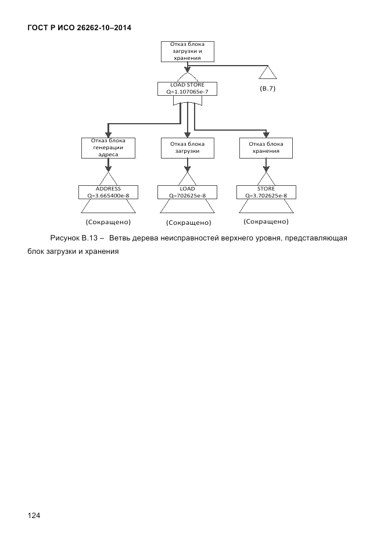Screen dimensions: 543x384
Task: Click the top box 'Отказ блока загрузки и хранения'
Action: tap(186, 51)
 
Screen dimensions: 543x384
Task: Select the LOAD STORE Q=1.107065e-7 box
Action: tap(187, 88)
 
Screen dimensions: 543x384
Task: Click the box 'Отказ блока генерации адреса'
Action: tap(108, 148)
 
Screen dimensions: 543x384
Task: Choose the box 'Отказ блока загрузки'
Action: tap(187, 148)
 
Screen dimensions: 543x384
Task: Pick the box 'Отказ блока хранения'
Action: tap(266, 148)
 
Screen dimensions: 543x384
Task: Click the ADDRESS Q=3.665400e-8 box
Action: tap(108, 192)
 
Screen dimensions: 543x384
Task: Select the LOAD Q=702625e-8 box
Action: tap(187, 192)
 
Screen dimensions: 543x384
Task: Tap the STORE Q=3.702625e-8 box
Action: tap(266, 192)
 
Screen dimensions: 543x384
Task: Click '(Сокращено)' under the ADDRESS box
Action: tap(108, 222)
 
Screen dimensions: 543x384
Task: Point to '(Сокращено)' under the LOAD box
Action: tap(188, 222)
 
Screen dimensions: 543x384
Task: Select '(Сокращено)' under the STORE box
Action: tap(266, 221)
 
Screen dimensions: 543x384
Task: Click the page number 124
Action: tap(34, 515)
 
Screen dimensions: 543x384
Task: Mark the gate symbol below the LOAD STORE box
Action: tap(187, 101)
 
